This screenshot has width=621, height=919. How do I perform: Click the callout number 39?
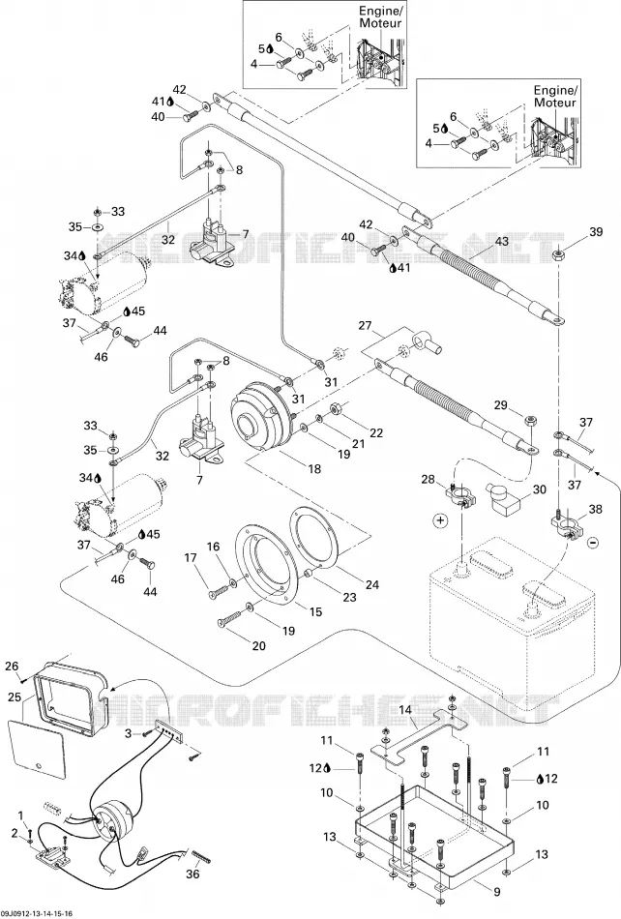pyautogui.click(x=596, y=232)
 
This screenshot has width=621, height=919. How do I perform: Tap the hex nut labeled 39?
pyautogui.click(x=559, y=255)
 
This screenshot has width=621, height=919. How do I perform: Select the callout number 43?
pyautogui.click(x=501, y=242)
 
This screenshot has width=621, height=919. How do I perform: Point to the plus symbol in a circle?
pyautogui.click(x=440, y=519)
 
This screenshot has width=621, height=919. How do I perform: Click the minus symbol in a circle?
pyautogui.click(x=593, y=543)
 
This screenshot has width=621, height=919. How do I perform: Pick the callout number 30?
pyautogui.click(x=539, y=489)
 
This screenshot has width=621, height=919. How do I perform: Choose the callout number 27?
pyautogui.click(x=365, y=326)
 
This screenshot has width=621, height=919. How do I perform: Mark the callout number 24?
pyautogui.click(x=372, y=584)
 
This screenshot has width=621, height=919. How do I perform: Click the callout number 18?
pyautogui.click(x=314, y=469)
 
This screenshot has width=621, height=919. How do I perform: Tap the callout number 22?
pyautogui.click(x=376, y=433)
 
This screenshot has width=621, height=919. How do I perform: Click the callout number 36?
pyautogui.click(x=192, y=875)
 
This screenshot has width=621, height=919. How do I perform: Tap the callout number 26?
pyautogui.click(x=12, y=666)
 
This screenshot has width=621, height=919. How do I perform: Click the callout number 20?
pyautogui.click(x=258, y=646)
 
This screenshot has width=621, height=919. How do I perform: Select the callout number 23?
pyautogui.click(x=349, y=598)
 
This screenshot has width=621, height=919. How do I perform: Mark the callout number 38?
pyautogui.click(x=595, y=510)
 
